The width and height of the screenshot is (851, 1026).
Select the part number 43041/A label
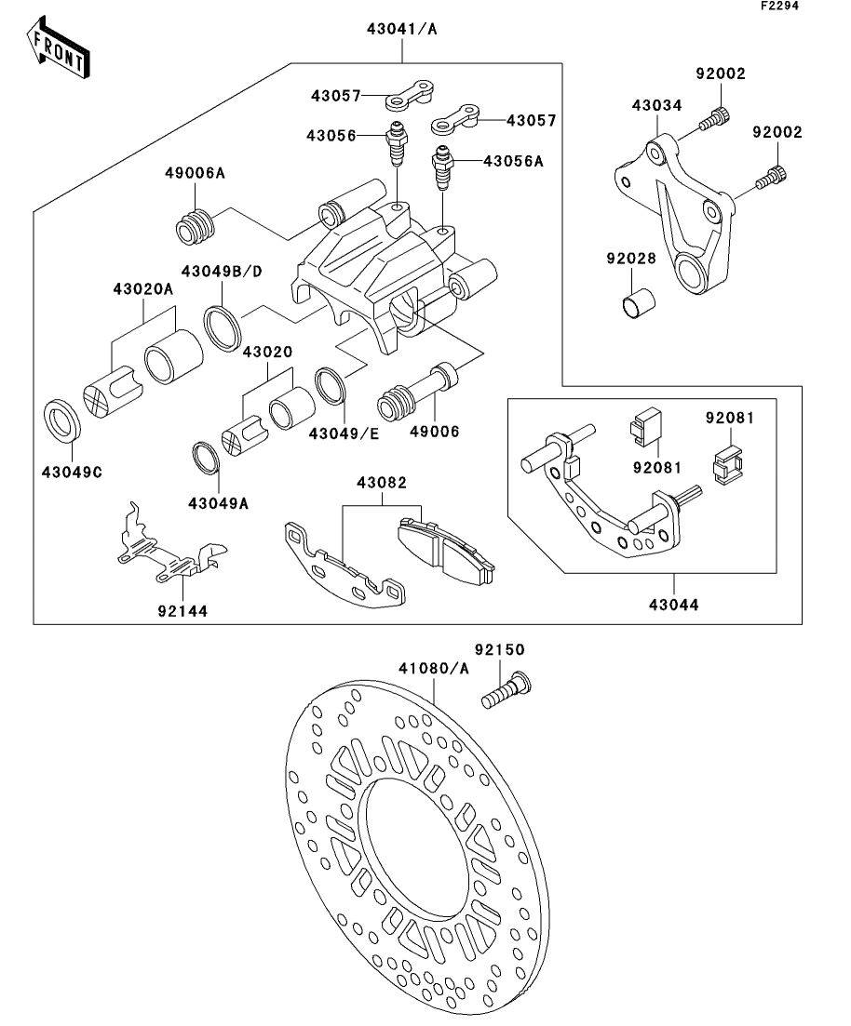pos(402,29)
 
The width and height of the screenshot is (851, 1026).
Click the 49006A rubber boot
pos(195,226)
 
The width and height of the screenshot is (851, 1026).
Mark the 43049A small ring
pos(206,457)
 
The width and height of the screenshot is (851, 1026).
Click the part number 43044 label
pos(675,605)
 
